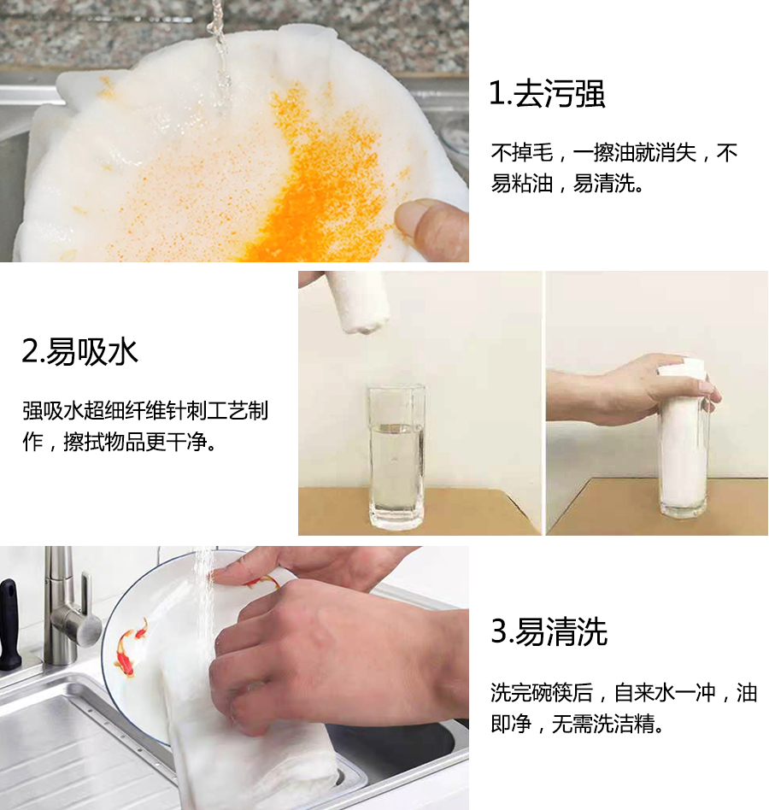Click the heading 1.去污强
[x=547, y=94]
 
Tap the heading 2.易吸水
[x=80, y=351]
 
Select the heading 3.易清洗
[x=549, y=632]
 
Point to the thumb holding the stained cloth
[x=431, y=226]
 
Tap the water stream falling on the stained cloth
[x=220, y=60]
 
